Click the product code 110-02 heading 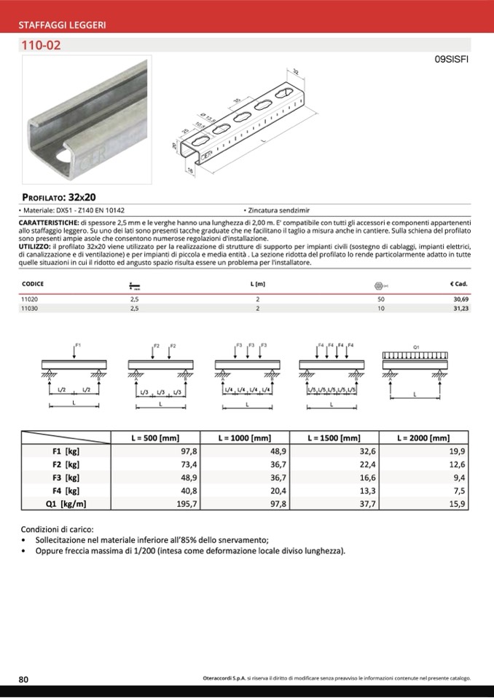click(41, 45)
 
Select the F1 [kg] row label click(66, 451)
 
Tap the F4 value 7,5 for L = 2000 click(458, 490)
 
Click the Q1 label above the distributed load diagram click(415, 347)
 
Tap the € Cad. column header click(458, 284)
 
